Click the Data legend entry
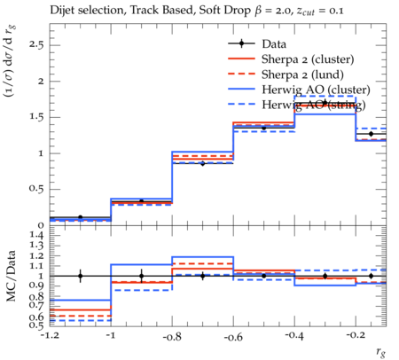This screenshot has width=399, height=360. point(274,44)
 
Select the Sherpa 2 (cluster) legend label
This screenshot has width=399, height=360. point(308,59)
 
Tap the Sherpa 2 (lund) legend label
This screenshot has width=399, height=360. point(302,74)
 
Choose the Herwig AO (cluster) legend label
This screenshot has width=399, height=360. point(316,90)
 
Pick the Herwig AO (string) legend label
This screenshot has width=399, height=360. point(314,105)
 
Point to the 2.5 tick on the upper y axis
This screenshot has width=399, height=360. point(36,45)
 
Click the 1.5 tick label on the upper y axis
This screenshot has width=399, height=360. point(36,117)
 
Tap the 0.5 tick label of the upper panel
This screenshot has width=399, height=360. point(36,189)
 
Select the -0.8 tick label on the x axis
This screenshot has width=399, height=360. point(172,336)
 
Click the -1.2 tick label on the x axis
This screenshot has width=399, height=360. point(50,336)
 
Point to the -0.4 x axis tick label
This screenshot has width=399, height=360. point(294,336)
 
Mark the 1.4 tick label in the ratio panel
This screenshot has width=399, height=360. point(36,236)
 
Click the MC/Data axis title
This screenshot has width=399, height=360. point(11,276)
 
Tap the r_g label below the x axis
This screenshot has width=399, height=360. point(380,352)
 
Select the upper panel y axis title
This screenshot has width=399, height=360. point(10,61)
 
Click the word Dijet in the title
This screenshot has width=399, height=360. point(62,11)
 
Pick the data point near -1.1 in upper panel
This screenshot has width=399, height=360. point(80,217)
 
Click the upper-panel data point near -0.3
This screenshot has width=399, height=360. point(325,103)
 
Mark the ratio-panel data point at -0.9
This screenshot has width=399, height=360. point(141,276)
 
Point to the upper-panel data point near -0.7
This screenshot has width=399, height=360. point(203,163)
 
